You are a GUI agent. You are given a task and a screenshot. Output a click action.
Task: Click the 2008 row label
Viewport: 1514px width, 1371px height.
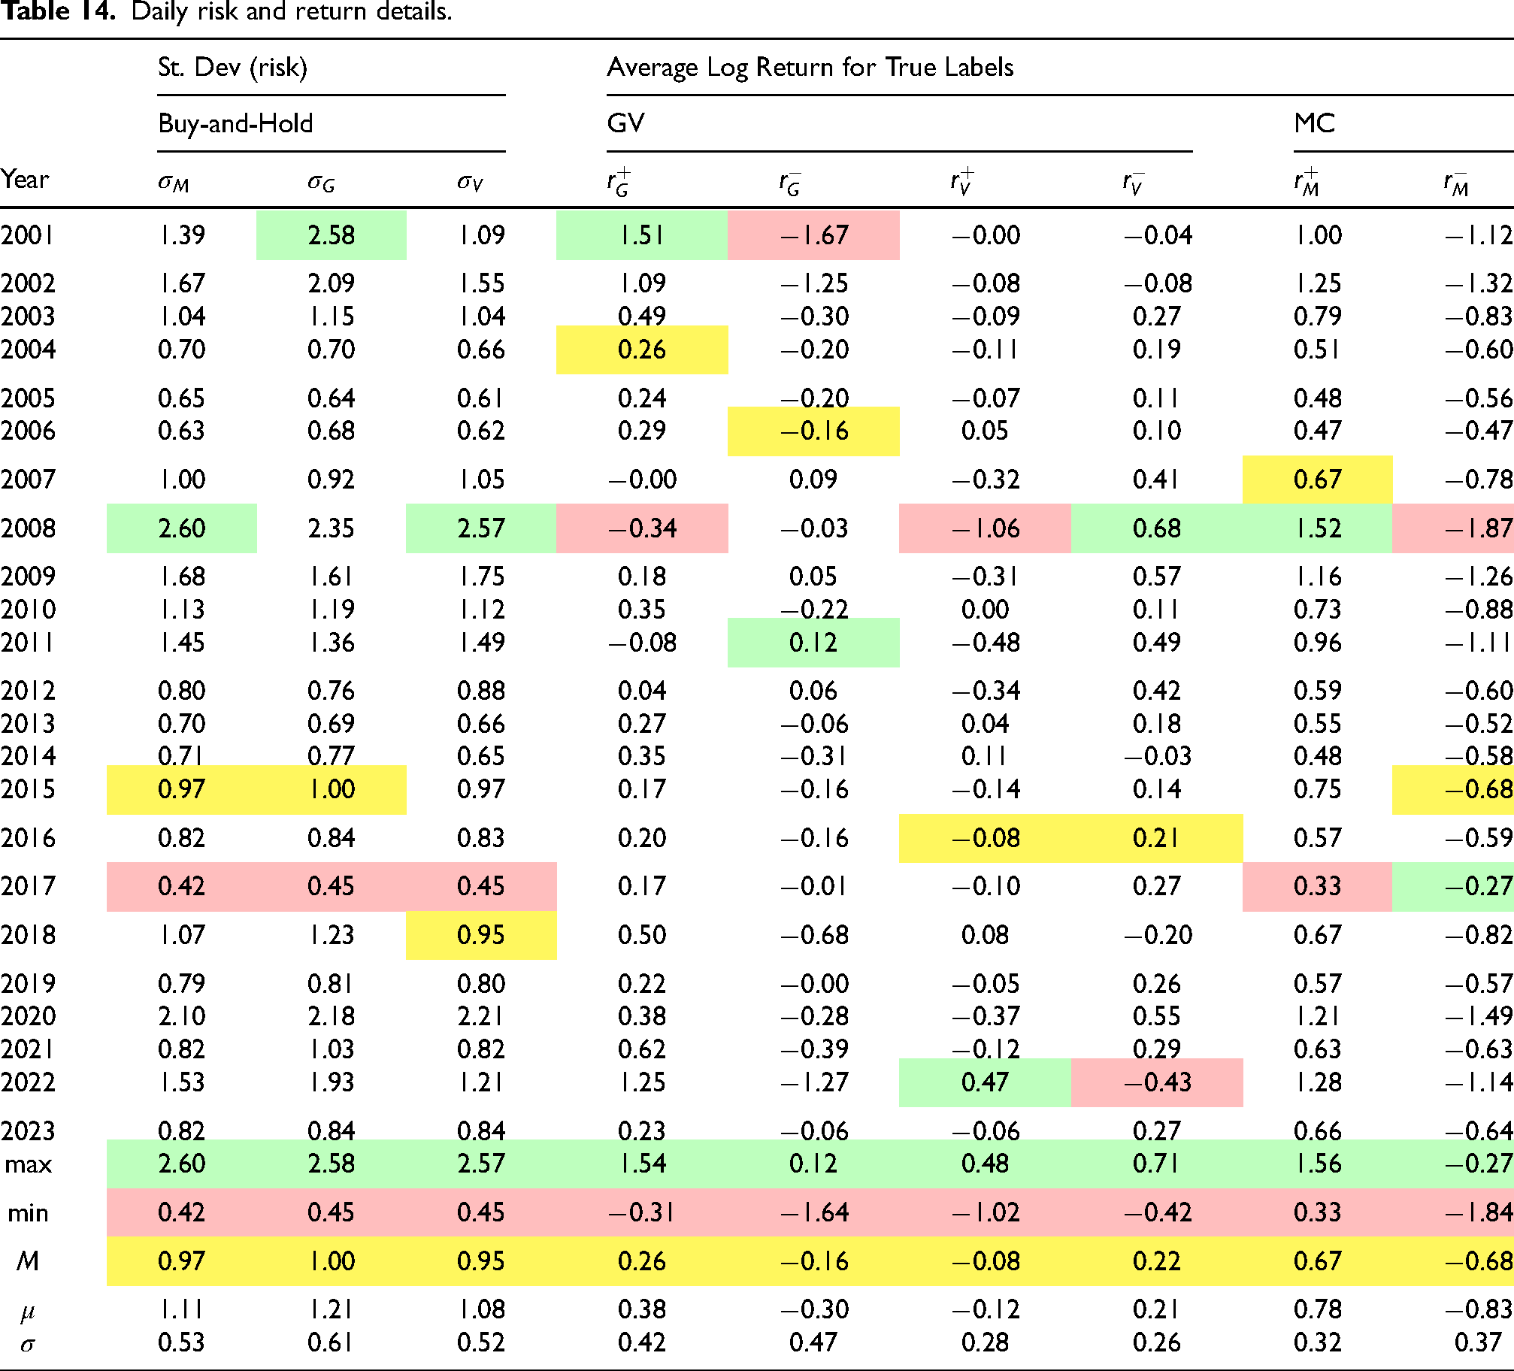(x=28, y=528)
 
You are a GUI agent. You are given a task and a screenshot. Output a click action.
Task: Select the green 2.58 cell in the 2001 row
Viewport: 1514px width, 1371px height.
(x=332, y=235)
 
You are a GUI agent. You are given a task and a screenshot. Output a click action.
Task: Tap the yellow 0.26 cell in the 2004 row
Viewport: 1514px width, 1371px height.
(x=642, y=350)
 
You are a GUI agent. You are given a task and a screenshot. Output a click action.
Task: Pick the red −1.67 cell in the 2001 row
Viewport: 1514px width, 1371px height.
(x=813, y=235)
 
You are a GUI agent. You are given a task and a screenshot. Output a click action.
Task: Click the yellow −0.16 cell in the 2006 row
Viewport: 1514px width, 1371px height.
(x=813, y=431)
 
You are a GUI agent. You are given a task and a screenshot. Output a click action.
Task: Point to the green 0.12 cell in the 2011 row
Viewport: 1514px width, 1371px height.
(x=813, y=643)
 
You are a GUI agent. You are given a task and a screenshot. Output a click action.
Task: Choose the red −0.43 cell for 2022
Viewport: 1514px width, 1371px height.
(x=1157, y=1082)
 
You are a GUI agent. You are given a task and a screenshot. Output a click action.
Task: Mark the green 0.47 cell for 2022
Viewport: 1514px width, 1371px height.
(x=985, y=1082)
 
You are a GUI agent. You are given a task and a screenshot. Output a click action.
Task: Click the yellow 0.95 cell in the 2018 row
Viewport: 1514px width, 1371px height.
(x=481, y=935)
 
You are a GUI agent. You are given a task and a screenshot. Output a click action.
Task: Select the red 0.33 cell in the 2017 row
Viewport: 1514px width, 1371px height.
(x=1317, y=886)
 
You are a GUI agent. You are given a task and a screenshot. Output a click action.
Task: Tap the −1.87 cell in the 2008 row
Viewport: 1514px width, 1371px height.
(x=1453, y=528)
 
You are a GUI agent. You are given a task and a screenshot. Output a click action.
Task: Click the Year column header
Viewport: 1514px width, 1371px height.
(x=25, y=180)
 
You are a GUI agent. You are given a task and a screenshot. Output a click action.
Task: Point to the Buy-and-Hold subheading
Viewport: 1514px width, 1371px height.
(x=235, y=123)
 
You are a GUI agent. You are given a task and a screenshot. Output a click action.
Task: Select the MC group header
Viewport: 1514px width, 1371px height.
(x=1314, y=123)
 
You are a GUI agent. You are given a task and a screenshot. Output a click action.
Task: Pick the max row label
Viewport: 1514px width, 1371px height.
(x=29, y=1164)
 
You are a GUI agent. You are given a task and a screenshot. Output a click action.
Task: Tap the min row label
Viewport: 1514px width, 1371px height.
(x=28, y=1212)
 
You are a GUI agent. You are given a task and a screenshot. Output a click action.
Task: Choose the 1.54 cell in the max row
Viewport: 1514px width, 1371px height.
(x=642, y=1164)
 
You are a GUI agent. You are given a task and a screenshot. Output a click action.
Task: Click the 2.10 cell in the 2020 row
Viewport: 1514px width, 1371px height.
(x=181, y=1016)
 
